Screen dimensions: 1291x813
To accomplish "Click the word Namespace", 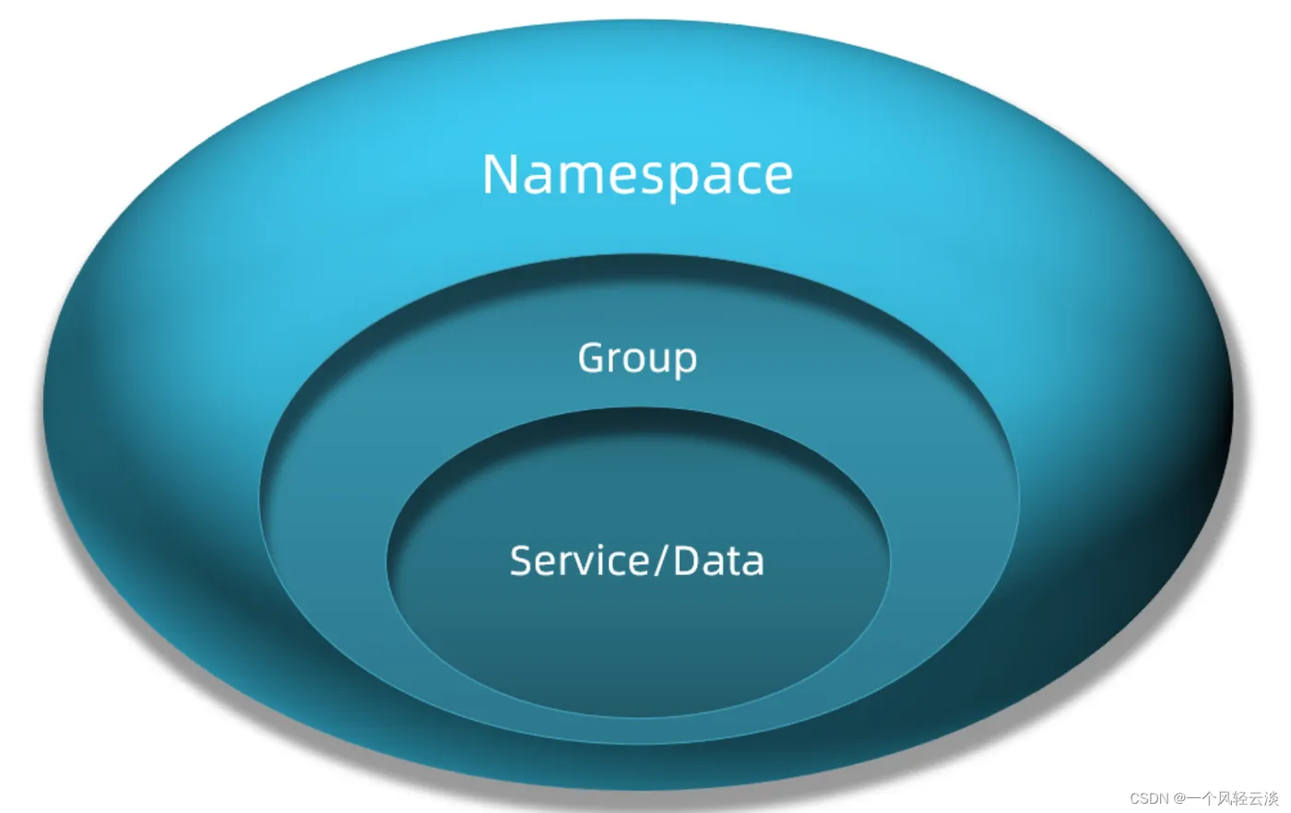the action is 637,174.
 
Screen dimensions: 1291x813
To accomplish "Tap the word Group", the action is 637,358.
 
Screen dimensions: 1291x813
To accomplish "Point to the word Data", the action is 718,560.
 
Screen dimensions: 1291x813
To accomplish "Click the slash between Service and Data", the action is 660,560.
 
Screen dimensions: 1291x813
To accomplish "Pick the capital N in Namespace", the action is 501,174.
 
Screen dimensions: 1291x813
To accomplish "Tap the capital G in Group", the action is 592,357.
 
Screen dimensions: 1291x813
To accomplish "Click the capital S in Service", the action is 522,560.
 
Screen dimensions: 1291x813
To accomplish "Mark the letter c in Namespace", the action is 740,178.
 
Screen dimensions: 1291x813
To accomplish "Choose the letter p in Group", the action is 684,361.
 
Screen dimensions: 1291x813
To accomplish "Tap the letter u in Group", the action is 658,359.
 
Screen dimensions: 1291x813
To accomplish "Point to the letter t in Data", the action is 734,561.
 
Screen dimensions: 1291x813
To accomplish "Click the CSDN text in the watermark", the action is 1149,798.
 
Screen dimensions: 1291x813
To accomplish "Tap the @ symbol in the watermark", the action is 1178,798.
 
